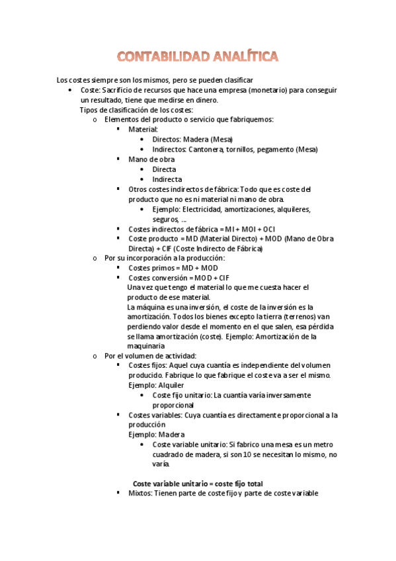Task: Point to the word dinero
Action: coord(204,100)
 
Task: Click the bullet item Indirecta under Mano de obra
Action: coord(167,179)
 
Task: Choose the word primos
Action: coord(165,268)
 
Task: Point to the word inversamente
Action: coord(286,395)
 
